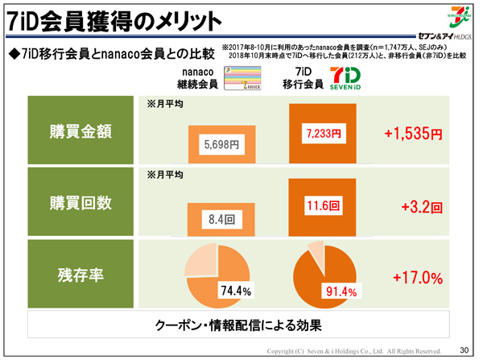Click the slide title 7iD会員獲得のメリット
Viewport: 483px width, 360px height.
[x=113, y=19]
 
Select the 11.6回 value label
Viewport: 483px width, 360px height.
[x=324, y=206]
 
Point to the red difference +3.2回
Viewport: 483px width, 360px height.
[x=421, y=206]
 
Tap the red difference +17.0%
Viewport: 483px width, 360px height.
[x=418, y=278]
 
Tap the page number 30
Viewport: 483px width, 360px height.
[x=463, y=350]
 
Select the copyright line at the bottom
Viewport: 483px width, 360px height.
[x=354, y=351]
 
